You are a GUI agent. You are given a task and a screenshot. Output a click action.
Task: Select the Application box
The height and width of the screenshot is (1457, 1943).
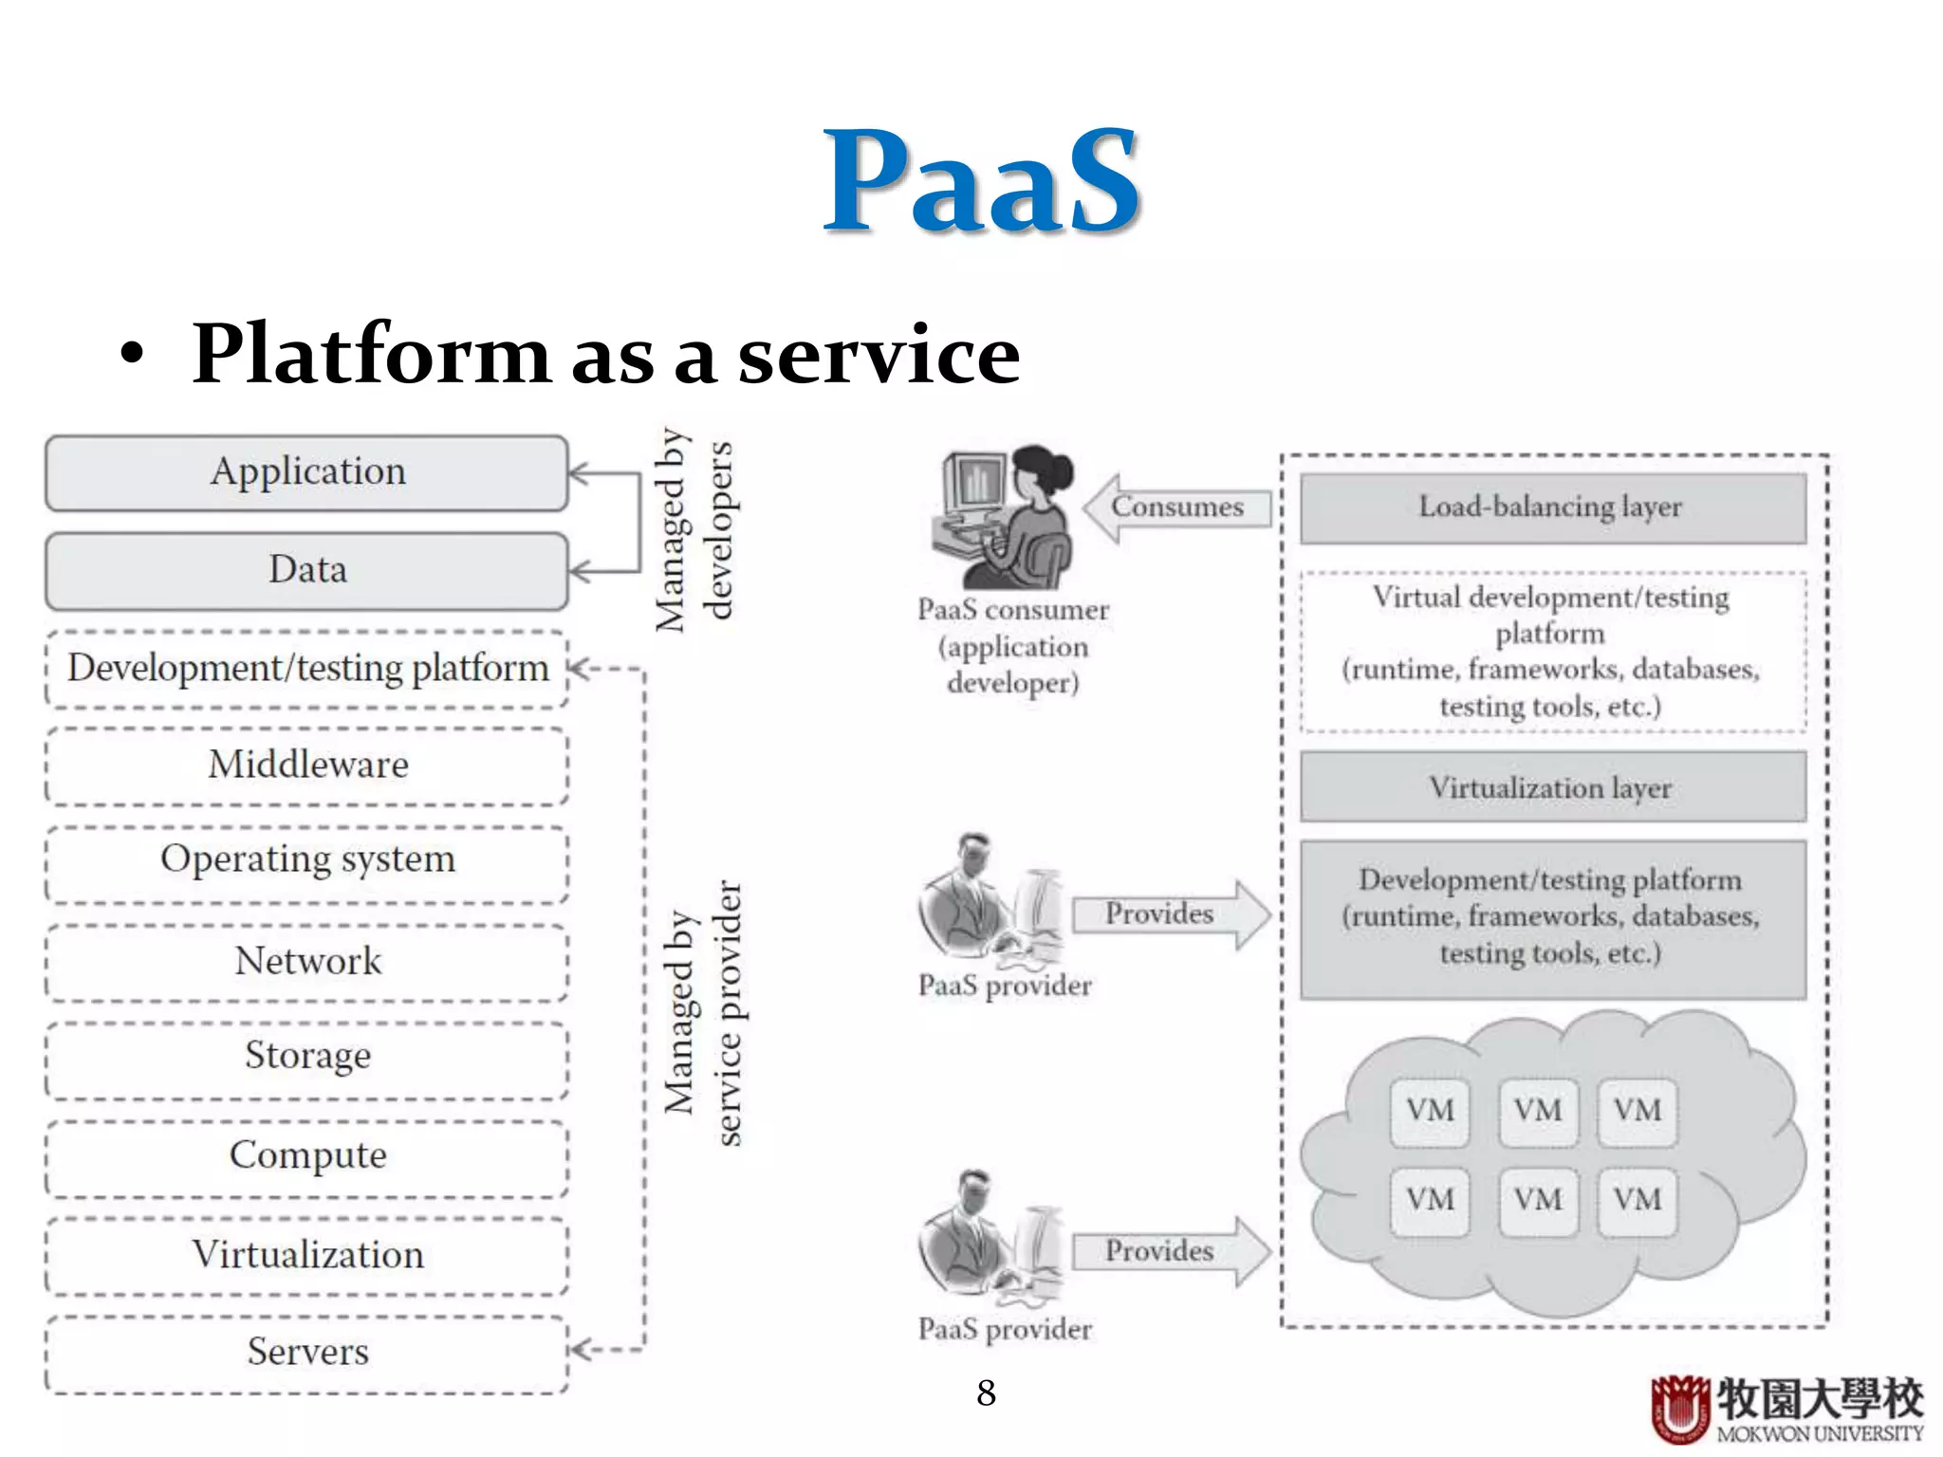point(307,472)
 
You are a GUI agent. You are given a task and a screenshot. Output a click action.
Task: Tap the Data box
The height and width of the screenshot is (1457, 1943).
point(307,570)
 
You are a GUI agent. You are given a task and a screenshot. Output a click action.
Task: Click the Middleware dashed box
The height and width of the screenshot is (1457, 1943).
point(307,765)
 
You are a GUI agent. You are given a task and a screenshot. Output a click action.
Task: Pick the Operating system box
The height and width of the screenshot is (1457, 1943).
point(307,861)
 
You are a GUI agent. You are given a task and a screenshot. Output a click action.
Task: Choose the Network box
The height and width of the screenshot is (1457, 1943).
point(307,962)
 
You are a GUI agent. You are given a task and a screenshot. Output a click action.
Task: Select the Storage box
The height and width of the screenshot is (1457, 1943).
point(307,1058)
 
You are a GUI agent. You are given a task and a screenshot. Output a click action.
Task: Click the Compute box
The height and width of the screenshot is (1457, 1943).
point(307,1156)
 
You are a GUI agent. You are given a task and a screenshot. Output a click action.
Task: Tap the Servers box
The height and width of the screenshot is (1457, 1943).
point(307,1353)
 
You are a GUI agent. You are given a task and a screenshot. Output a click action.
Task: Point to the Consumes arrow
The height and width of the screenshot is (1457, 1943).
point(1176,507)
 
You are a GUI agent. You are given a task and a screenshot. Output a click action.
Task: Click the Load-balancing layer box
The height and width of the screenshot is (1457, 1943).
point(1552,508)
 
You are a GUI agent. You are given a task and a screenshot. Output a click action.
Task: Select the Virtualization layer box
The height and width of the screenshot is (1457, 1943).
point(1552,787)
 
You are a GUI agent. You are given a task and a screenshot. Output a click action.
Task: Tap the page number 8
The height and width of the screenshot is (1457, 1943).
point(986,1392)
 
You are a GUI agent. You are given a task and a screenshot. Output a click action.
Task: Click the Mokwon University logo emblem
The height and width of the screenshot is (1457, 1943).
point(1680,1408)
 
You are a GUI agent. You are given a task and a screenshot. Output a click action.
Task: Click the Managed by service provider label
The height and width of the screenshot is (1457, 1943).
point(703,1012)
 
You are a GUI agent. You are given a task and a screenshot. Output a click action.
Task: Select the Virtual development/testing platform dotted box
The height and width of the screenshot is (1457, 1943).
point(1552,652)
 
